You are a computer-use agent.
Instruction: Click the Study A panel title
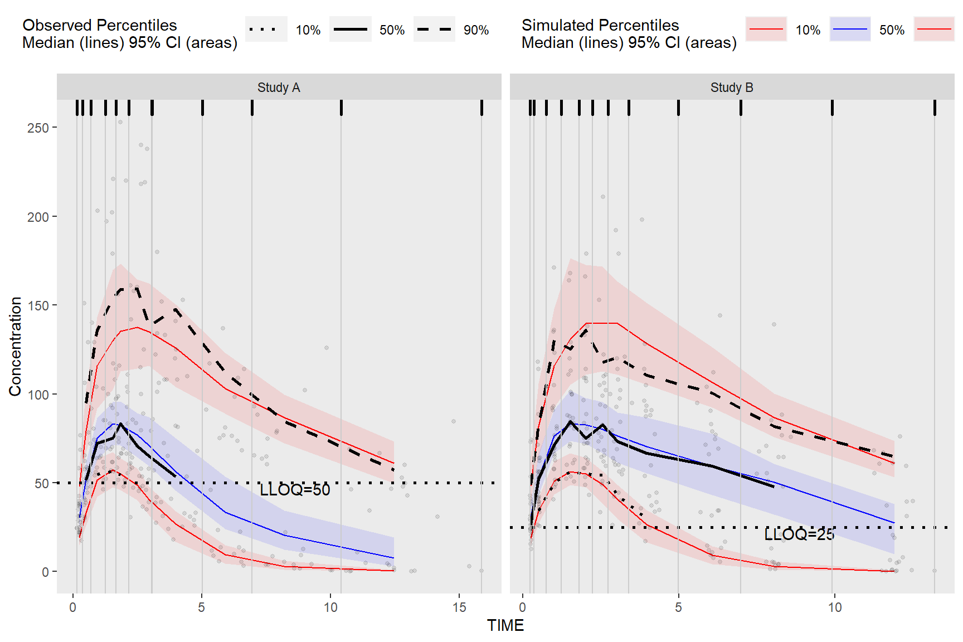(x=279, y=87)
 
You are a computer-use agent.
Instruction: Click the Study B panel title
(x=731, y=87)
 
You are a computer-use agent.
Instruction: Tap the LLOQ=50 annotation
(x=295, y=490)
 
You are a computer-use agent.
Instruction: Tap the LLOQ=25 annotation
(x=799, y=534)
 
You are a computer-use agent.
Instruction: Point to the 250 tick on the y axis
(x=38, y=128)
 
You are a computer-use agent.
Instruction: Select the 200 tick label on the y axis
(x=38, y=217)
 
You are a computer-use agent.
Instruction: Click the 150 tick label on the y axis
(x=38, y=305)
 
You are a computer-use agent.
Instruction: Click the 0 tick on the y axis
(x=45, y=572)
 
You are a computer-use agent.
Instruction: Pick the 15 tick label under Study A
(x=459, y=607)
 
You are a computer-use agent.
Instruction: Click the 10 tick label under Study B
(x=834, y=607)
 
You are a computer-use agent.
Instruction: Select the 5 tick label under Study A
(x=202, y=607)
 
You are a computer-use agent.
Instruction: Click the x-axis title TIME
(x=505, y=625)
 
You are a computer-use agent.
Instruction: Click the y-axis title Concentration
(x=15, y=346)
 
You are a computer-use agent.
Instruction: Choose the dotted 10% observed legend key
(x=266, y=30)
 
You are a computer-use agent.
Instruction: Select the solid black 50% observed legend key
(x=351, y=30)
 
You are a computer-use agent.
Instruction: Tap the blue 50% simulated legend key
(x=850, y=30)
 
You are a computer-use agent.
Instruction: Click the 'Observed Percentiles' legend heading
(x=100, y=25)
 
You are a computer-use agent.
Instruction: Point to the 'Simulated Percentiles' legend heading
(x=600, y=25)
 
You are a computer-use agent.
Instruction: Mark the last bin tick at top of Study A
(x=481, y=108)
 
